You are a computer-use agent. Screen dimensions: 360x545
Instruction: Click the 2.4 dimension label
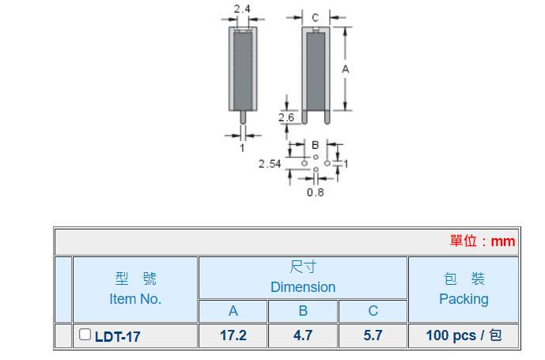click(242, 9)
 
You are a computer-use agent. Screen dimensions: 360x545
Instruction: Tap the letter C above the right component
click(314, 17)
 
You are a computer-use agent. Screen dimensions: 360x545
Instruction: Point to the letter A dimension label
click(346, 70)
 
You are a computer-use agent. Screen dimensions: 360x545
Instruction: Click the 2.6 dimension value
click(286, 117)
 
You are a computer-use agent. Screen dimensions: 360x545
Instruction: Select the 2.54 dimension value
click(271, 164)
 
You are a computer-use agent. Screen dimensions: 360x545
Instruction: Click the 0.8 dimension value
click(316, 192)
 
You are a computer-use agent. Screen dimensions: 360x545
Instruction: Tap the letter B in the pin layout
click(315, 146)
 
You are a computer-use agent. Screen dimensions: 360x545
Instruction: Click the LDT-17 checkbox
click(85, 335)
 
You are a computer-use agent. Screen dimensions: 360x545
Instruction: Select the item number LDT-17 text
click(117, 336)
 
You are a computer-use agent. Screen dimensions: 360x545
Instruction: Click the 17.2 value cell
click(233, 335)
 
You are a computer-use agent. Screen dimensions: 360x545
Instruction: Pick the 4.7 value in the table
click(303, 335)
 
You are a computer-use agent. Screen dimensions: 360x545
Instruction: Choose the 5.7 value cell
click(373, 335)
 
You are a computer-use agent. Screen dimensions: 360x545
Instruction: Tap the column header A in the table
click(233, 311)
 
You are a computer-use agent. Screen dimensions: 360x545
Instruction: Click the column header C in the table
click(373, 311)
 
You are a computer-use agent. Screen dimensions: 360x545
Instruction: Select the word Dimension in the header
click(303, 287)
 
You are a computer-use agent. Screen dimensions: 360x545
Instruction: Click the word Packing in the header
click(464, 299)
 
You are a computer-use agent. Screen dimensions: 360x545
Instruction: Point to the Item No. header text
click(135, 299)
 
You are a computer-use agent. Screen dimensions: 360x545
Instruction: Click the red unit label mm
click(502, 241)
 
